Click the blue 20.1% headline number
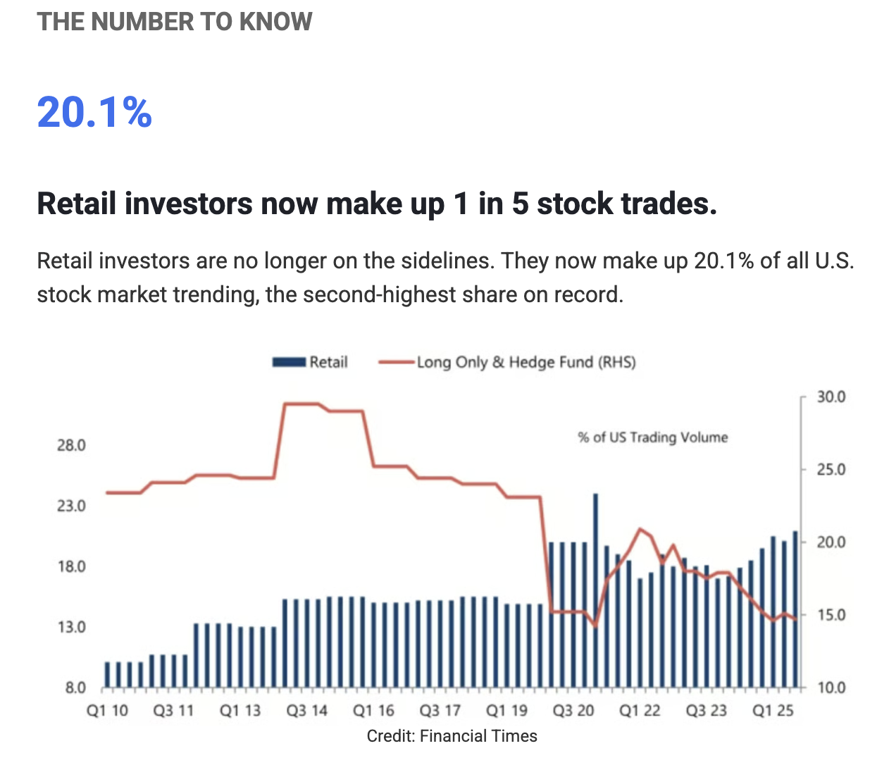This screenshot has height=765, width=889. click(94, 113)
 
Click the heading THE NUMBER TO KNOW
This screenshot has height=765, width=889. click(175, 22)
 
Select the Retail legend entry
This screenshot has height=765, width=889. click(311, 362)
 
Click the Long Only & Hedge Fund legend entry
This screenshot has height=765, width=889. click(508, 362)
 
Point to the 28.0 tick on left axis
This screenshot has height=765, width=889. click(71, 445)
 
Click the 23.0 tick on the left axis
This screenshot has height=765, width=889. click(71, 506)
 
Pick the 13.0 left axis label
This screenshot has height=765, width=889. click(71, 627)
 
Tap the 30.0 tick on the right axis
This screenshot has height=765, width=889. click(831, 397)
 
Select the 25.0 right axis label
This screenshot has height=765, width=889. click(831, 470)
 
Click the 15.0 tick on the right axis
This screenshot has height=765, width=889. click(831, 615)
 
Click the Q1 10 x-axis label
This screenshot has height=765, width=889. click(107, 710)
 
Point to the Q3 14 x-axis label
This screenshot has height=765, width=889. click(306, 710)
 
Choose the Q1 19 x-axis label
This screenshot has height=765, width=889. click(506, 710)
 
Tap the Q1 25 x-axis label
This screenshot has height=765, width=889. click(773, 710)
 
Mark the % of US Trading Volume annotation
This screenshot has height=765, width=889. click(652, 437)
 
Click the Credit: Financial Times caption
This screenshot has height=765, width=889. click(452, 736)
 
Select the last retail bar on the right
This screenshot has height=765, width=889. click(795, 609)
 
